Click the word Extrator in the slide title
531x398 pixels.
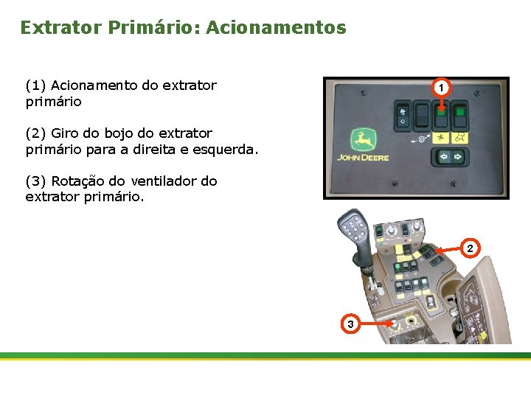(x=61, y=28)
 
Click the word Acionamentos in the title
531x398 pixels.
(x=276, y=28)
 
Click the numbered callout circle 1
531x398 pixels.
(x=440, y=88)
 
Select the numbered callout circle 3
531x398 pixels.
(x=350, y=324)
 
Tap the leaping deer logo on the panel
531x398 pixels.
(x=361, y=139)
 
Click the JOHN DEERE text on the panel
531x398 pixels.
(x=363, y=157)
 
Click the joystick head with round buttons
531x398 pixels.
(x=353, y=226)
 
